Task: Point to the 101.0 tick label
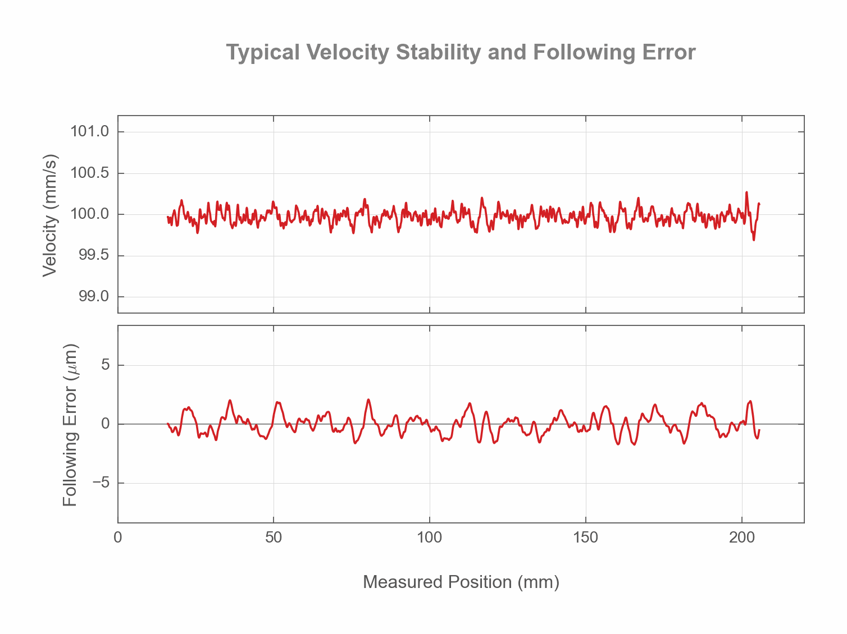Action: click(x=89, y=132)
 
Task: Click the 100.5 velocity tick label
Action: click(x=89, y=173)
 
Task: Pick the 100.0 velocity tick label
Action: click(x=89, y=214)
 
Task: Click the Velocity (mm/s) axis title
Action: click(x=51, y=215)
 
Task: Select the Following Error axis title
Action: click(x=70, y=425)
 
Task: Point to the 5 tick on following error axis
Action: click(x=105, y=365)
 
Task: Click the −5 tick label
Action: click(x=101, y=483)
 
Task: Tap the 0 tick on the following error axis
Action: click(x=105, y=424)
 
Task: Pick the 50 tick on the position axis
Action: click(x=274, y=537)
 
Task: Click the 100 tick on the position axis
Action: click(x=430, y=537)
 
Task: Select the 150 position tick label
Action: click(x=586, y=537)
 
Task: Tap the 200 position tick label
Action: click(x=742, y=537)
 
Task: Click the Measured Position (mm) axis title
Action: click(x=461, y=582)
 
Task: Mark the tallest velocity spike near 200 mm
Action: click(x=746, y=192)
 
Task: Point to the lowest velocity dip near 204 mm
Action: click(x=754, y=240)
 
